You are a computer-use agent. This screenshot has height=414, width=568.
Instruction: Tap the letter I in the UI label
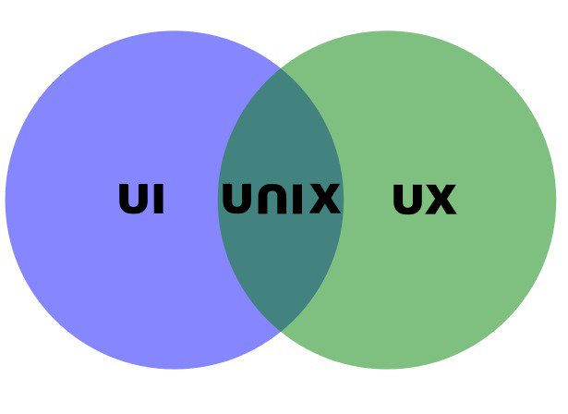coord(159,199)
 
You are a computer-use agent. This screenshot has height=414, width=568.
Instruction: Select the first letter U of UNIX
coord(236,199)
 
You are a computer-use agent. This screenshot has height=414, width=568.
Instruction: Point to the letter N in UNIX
coord(270,199)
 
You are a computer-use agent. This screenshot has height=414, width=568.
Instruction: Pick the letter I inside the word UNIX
coord(297,199)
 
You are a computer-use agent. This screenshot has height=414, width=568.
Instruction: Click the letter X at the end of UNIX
coord(324,199)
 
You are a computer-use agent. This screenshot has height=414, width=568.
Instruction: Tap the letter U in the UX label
coord(407,199)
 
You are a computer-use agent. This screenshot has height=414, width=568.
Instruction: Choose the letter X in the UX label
coord(441,199)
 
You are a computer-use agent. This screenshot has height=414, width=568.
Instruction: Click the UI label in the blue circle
coord(142,199)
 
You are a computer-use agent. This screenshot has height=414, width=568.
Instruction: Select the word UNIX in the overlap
coord(281,199)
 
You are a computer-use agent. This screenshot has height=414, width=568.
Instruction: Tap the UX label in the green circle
coord(424,199)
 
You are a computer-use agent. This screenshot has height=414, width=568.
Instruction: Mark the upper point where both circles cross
coord(281,68)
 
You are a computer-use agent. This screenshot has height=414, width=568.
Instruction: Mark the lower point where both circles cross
coord(281,330)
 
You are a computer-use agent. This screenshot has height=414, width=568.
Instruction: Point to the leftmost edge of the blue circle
coord(6,200)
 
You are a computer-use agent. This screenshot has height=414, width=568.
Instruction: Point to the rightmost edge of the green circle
coord(557,200)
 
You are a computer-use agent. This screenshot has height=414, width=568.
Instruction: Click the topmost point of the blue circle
coord(175,30)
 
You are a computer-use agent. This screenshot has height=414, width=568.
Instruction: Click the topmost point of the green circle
coord(388,30)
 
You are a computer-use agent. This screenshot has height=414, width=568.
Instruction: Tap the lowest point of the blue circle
coord(175,369)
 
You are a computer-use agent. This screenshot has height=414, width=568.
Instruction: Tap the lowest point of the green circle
coord(388,369)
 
